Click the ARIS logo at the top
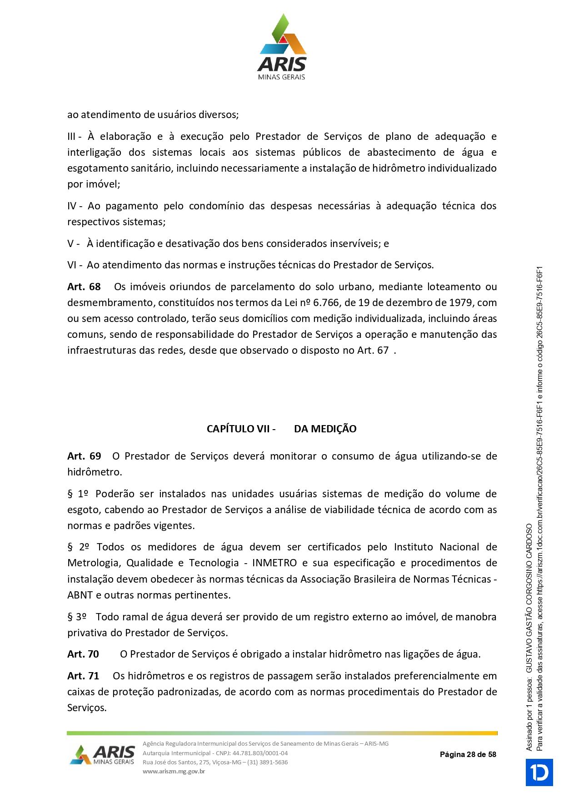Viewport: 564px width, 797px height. point(282,47)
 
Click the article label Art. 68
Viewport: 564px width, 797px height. point(84,287)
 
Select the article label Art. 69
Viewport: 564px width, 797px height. point(84,456)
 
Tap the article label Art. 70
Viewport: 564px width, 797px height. point(83,654)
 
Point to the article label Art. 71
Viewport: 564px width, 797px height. point(83,676)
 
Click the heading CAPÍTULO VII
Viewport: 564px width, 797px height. point(241,429)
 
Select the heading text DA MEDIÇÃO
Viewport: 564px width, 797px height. point(325,429)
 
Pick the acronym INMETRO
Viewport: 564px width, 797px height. point(274,563)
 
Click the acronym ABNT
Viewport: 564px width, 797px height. point(80,595)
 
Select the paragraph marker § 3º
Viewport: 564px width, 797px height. point(77,617)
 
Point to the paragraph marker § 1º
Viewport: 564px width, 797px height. point(78,494)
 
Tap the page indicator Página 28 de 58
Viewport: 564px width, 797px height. point(468,755)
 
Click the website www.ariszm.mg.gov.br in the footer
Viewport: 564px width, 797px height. point(174,771)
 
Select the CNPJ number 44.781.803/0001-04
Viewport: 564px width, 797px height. point(260,753)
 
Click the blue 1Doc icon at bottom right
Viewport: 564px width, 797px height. point(539,772)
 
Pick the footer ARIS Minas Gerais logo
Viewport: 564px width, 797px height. point(103,755)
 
